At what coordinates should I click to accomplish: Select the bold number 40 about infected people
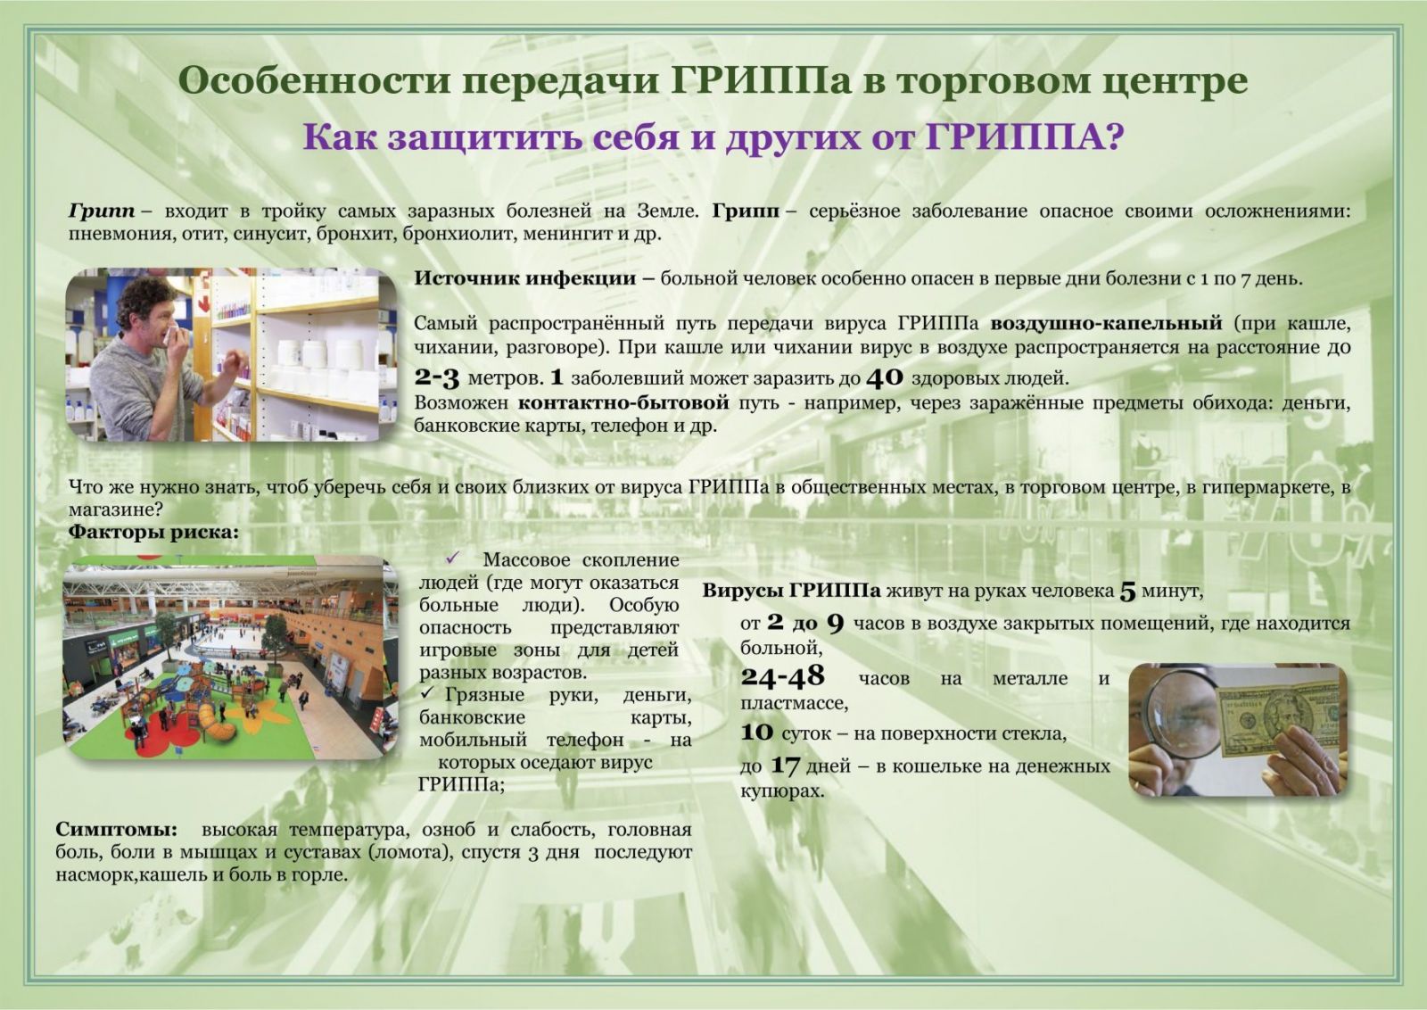885,378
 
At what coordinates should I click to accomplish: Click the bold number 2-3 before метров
436,378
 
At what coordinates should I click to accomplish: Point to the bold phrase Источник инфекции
525,277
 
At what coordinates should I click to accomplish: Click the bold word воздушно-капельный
1106,323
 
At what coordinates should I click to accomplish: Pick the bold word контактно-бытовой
623,402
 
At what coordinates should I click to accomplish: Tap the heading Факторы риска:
153,532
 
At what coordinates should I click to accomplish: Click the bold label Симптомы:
116,829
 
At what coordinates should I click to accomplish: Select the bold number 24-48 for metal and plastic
782,676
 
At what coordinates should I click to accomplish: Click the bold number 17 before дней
785,765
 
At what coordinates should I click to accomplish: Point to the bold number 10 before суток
757,733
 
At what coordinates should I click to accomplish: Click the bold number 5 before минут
1127,592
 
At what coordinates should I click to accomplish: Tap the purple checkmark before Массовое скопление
452,559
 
